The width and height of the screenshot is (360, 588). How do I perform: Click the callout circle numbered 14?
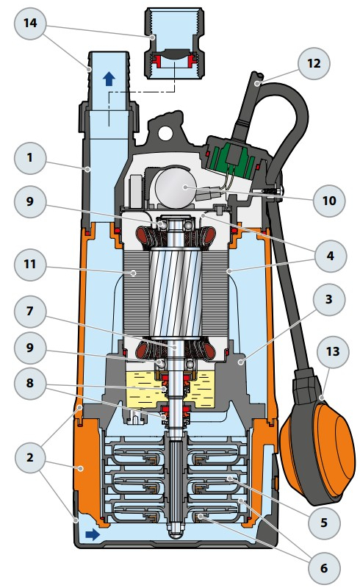click(x=30, y=24)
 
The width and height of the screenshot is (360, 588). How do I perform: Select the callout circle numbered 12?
click(x=314, y=63)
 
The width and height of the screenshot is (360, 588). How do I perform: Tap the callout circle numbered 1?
click(x=30, y=158)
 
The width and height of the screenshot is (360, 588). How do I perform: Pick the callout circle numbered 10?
click(x=329, y=201)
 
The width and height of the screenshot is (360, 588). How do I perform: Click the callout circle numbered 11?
click(x=30, y=265)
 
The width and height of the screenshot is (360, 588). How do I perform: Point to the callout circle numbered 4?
click(x=330, y=256)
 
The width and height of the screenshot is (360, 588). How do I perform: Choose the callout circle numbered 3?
click(x=329, y=300)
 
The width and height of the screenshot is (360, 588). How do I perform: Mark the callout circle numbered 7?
click(x=30, y=311)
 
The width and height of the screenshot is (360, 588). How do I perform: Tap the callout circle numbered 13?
click(x=333, y=352)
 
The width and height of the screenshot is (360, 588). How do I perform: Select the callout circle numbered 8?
click(x=30, y=383)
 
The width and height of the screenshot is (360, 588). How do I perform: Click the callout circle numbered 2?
click(x=30, y=458)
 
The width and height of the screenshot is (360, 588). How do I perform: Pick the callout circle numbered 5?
click(x=324, y=523)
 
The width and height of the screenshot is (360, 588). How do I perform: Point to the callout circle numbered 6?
click(x=324, y=568)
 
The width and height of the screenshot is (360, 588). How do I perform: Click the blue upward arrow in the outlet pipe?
click(x=109, y=79)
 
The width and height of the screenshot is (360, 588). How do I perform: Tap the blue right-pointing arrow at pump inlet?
click(x=93, y=534)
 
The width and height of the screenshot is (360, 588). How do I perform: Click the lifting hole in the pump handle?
click(x=165, y=132)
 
